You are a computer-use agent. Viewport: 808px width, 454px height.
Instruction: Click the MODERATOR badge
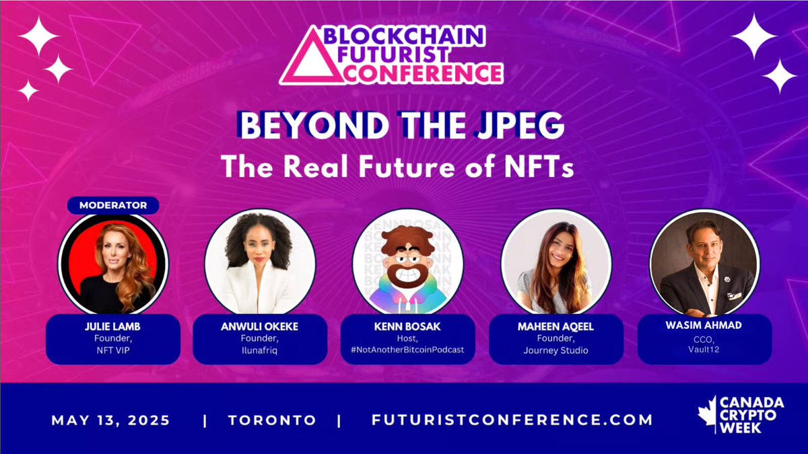pyautogui.click(x=112, y=204)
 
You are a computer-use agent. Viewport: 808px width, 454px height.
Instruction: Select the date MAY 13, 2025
pyautogui.click(x=111, y=420)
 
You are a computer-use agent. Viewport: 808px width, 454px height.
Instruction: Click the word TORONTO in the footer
pyautogui.click(x=272, y=420)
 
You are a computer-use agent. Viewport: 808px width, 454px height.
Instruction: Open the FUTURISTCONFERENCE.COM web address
pyautogui.click(x=512, y=420)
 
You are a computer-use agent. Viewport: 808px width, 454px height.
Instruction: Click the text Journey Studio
pyautogui.click(x=556, y=350)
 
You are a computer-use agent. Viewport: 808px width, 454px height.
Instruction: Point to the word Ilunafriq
pyautogui.click(x=260, y=350)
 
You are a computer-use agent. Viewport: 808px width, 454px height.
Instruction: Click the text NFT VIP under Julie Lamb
pyautogui.click(x=112, y=350)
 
